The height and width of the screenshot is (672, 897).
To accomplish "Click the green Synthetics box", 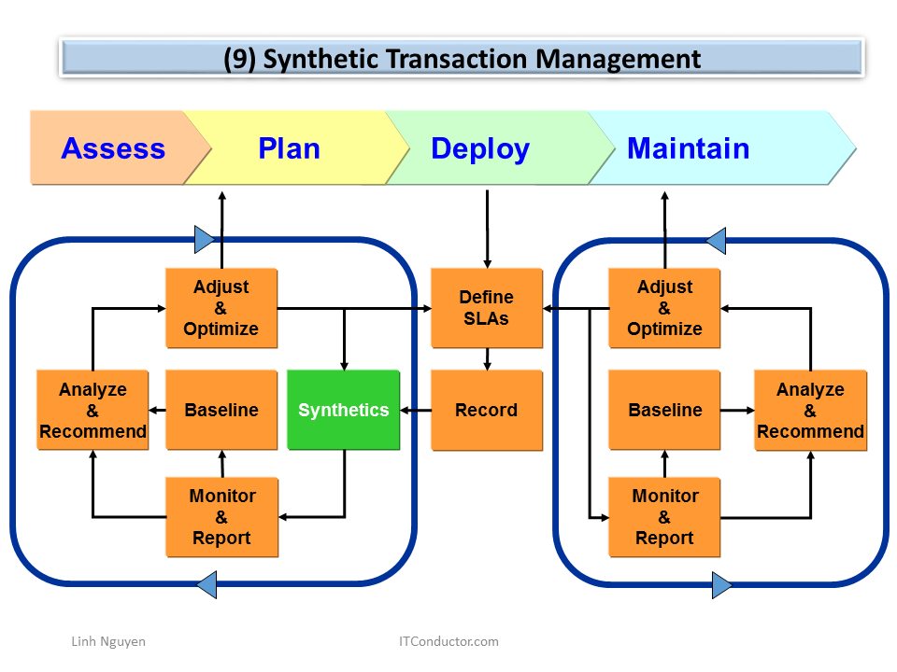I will point(343,411).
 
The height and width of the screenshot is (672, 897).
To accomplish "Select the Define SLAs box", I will point(486,308).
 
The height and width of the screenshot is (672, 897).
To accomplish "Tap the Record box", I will point(486,411).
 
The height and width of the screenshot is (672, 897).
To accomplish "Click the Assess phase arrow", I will point(112,148).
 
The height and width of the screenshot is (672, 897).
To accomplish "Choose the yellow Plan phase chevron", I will point(290,148).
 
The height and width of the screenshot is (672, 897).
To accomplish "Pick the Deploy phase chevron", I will point(480,148).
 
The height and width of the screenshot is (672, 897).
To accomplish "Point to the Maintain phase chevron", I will point(689,148).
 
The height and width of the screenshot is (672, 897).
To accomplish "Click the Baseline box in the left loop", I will point(221,411).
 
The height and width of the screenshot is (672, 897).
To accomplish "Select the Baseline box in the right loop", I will point(664,411).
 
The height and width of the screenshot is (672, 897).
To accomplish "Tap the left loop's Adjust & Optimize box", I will point(221,308).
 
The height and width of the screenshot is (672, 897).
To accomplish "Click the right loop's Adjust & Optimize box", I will point(664,308).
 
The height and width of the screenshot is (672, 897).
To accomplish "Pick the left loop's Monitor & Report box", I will point(221,517).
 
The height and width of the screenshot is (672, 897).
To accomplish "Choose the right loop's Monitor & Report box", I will point(664,517).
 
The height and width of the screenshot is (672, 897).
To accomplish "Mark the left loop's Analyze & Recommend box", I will point(93,411).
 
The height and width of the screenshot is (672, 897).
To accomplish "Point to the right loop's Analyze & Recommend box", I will point(810,411).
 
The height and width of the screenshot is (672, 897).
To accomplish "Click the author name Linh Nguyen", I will point(108,641).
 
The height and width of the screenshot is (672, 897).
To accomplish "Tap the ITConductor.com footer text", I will point(448,641).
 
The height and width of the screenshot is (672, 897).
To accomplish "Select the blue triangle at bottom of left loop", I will point(206,585).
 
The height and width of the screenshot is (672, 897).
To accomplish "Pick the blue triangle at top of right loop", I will point(716,240).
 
